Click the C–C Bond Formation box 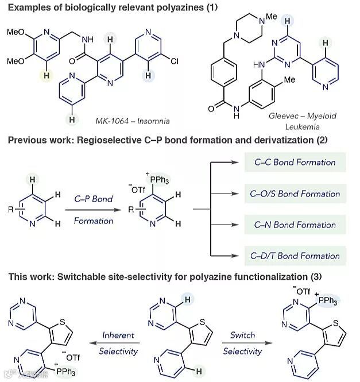pos(295,163)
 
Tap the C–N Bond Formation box pos(295,225)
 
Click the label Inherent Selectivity pos(118,342)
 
